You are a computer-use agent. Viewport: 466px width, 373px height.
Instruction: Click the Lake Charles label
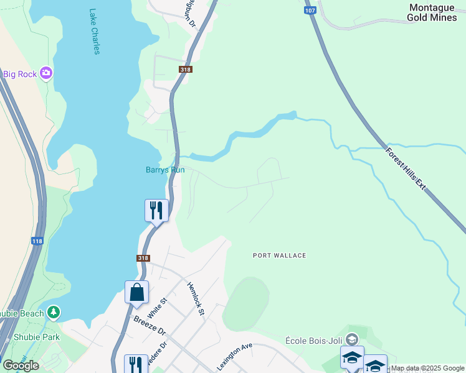(x=94, y=31)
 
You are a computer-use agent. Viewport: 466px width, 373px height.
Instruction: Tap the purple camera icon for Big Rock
(x=46, y=74)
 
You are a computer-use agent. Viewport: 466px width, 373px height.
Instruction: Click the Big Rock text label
(x=19, y=74)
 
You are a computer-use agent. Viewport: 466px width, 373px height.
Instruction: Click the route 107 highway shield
(x=310, y=11)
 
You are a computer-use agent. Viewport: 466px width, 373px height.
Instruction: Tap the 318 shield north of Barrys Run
(x=184, y=70)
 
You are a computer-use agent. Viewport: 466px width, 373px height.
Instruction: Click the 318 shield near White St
(x=143, y=258)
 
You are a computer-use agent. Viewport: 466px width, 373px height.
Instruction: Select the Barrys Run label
(x=165, y=169)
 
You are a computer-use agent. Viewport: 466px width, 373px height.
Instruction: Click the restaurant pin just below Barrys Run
(x=156, y=210)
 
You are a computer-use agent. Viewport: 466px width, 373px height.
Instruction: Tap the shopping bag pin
(x=136, y=292)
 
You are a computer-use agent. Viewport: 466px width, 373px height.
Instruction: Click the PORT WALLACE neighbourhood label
(x=280, y=256)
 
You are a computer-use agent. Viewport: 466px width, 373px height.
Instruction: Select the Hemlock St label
(x=196, y=298)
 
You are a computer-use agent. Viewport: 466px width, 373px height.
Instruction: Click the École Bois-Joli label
(x=314, y=340)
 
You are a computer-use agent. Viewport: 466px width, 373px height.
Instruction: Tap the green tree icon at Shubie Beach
(x=54, y=312)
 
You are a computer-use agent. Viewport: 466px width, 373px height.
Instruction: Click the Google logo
(x=21, y=365)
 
